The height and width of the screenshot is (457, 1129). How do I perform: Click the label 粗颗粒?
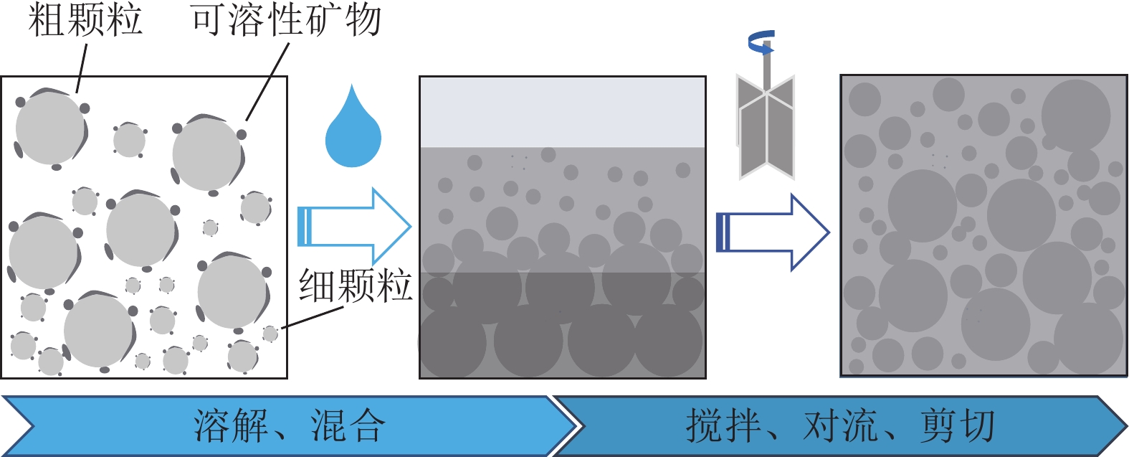tap(85, 19)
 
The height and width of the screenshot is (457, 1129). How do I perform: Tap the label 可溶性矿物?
tap(286, 19)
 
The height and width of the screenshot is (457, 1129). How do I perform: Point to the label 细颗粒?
tap(355, 286)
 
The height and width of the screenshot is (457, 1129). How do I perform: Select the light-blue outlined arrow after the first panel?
tap(354, 227)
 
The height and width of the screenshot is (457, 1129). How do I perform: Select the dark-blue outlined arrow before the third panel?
tap(773, 232)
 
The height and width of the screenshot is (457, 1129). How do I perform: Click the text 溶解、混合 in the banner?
tap(290, 425)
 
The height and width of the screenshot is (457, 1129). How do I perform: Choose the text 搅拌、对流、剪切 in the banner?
tap(840, 425)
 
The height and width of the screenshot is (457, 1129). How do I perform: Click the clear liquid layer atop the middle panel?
tap(563, 111)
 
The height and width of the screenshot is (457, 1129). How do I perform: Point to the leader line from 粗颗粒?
tap(82, 68)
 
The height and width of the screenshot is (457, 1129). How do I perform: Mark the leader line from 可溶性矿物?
tap(268, 81)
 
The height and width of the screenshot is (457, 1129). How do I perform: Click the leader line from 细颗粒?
tap(313, 318)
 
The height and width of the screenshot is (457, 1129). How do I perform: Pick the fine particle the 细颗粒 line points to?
tap(270, 334)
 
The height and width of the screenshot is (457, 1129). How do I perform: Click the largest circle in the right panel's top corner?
tap(1075, 115)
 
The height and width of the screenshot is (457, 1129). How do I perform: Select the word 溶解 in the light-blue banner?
tap(230, 425)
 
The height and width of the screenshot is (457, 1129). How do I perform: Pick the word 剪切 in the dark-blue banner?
tap(957, 425)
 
